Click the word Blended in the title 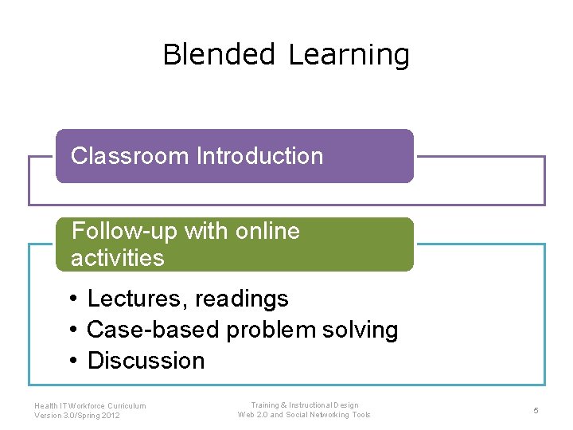tap(218, 55)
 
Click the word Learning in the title tap(349, 56)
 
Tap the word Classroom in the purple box tap(130, 156)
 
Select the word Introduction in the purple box tap(259, 156)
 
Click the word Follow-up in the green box tap(124, 231)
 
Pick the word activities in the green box tap(117, 258)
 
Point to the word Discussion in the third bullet tap(146, 361)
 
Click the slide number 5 tap(536, 410)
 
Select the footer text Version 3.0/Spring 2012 tap(77, 416)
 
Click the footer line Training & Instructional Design tap(304, 405)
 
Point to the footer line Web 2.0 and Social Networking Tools tap(304, 415)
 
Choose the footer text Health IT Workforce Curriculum tap(90, 405)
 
